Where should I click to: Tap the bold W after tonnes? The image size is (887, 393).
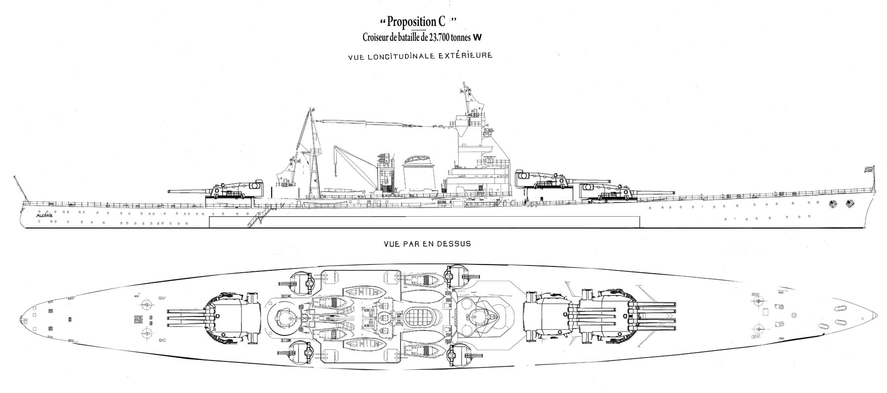coord(477,37)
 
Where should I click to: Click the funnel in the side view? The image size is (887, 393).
coord(418,177)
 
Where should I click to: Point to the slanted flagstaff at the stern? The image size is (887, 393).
coord(18,187)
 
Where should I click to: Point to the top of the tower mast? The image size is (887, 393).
coord(464,89)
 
